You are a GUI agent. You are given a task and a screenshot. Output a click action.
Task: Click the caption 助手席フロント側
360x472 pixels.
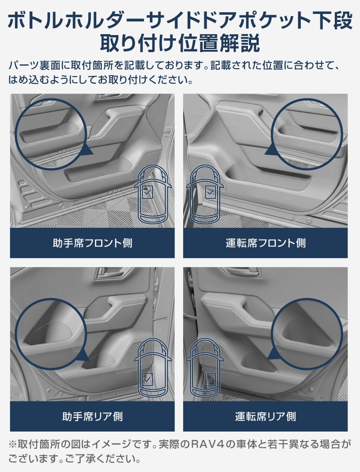point(92,243)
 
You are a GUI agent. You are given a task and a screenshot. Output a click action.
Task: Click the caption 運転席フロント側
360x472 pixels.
point(265,243)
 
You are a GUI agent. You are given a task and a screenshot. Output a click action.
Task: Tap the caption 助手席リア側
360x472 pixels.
point(92,416)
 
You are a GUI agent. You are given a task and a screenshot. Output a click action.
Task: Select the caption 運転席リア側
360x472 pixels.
point(265,416)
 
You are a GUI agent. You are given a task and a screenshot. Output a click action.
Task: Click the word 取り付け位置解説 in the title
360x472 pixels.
point(180,44)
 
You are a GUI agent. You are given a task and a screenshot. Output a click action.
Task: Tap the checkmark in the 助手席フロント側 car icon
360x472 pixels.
point(147,193)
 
